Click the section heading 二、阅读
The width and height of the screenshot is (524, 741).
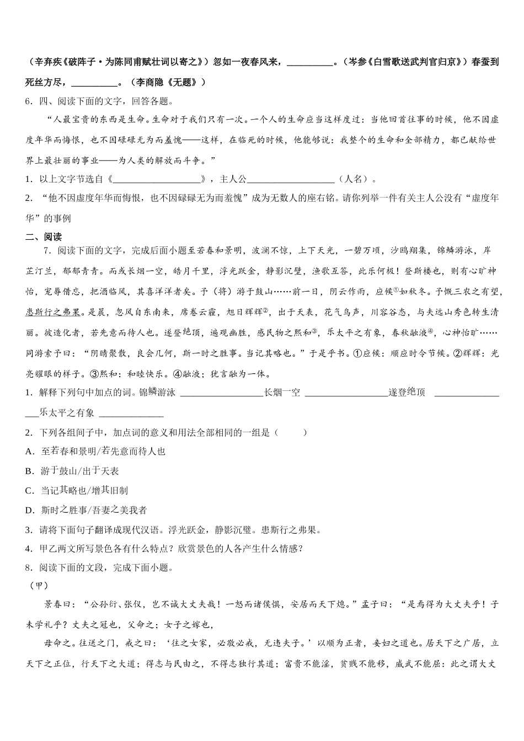(44, 237)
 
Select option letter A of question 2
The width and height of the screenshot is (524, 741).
(30, 452)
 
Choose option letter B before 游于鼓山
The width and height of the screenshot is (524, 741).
(30, 471)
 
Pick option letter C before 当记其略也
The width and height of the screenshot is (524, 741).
(30, 491)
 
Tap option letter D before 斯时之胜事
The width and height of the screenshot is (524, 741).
(30, 511)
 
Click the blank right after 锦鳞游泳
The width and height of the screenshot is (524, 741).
(221, 393)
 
